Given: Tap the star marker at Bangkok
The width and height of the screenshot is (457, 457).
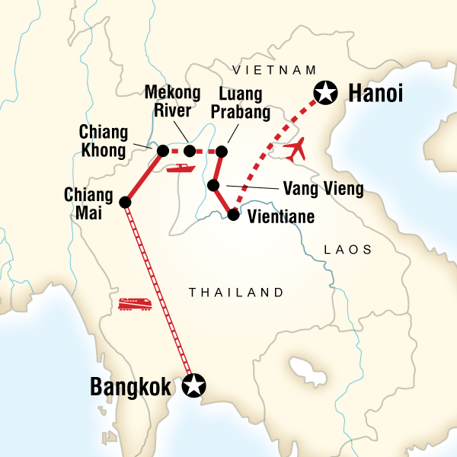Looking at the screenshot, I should (195, 385).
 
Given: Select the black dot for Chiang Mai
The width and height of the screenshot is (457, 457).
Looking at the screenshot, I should (126, 202).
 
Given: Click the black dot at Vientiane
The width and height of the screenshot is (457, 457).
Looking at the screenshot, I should (234, 216).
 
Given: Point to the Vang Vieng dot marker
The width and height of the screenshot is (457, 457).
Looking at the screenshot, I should (214, 185).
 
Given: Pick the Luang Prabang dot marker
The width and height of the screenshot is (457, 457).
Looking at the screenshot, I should (222, 152).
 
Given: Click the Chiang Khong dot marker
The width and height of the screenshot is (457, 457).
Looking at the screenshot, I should (162, 150).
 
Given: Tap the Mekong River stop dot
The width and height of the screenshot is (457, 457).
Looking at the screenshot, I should (190, 151).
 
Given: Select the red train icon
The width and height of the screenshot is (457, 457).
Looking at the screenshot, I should (135, 303).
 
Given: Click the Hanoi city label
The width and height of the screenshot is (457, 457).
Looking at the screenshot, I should (375, 94).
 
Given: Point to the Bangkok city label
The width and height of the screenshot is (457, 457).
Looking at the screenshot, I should (134, 386).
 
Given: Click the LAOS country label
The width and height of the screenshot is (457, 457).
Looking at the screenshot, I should (347, 249).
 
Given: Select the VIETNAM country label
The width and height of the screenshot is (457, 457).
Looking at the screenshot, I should (274, 69).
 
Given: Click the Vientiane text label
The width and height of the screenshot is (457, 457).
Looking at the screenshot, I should (279, 216).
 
